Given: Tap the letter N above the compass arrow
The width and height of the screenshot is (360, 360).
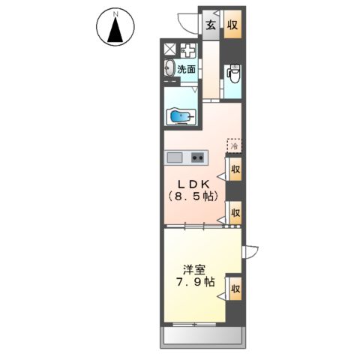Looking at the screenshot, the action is tap(115, 14).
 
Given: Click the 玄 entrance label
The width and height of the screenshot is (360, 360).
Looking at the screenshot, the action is tap(211, 25).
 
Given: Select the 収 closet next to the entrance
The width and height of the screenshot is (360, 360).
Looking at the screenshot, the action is tap(232, 24).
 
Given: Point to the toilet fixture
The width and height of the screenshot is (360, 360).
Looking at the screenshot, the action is tap(234, 73).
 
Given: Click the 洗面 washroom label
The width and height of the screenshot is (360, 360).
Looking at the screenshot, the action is tap(186, 69).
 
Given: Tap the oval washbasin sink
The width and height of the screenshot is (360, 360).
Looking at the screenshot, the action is tap(169, 67).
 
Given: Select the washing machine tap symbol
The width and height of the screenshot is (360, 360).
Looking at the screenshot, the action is tap(189, 51).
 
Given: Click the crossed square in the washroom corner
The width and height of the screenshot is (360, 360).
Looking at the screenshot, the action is tap(170, 49).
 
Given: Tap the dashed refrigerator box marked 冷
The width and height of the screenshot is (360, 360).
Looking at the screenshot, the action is tap(234, 145).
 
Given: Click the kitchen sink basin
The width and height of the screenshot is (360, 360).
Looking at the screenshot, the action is tap(175, 157).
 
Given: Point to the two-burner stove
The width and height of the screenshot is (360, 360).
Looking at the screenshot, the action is tap(198, 157).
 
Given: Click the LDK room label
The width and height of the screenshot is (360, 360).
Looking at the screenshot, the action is tap(193, 184).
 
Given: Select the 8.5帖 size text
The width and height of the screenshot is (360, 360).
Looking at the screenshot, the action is tap(193, 196).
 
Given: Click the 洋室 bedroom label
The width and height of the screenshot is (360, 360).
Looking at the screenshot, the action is tap(194, 270).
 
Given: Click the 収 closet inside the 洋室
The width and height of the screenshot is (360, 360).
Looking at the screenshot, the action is tap(235, 289).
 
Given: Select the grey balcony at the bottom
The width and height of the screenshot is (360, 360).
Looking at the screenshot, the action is tap(202, 335).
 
